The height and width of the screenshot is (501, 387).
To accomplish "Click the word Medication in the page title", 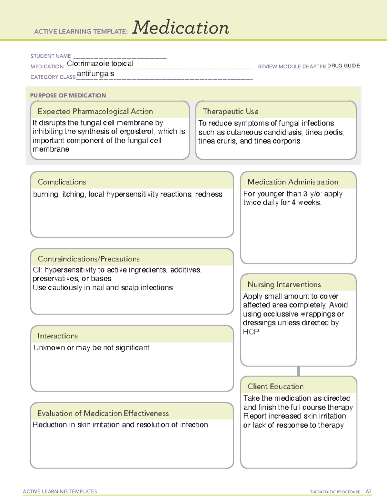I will (181, 28).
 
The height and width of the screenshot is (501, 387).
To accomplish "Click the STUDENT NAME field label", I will (51, 56).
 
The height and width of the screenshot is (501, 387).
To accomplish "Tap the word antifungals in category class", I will (95, 74).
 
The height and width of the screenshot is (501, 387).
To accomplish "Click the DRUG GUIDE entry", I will (343, 66).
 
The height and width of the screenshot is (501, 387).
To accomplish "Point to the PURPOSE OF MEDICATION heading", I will (68, 95).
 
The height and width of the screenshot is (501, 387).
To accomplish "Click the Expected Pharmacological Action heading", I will (95, 111).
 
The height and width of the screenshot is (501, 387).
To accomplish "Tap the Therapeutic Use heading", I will (231, 111).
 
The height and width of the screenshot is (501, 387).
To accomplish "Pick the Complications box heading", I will (62, 182).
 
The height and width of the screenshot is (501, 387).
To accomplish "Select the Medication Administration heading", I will (293, 182).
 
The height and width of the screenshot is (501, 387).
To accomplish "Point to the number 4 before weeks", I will (293, 203).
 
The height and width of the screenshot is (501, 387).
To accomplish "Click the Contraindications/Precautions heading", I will (89, 259).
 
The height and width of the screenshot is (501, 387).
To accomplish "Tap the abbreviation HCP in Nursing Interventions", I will (251, 332).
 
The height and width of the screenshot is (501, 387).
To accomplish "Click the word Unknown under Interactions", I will (49, 348).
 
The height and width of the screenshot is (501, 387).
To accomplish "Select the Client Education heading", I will (276, 386).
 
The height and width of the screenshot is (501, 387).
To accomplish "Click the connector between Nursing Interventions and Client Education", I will (298, 371).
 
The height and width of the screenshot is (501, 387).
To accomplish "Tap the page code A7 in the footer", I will (368, 492).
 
